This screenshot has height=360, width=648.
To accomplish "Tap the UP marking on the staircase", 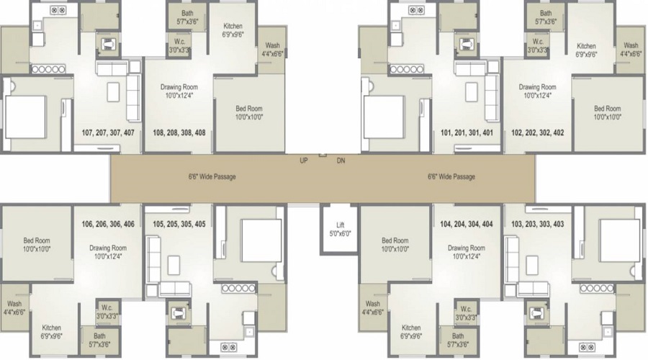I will coord(304,161).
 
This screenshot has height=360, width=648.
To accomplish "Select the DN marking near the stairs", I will coord(341,161).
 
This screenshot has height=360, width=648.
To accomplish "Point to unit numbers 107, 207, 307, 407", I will coord(108,132).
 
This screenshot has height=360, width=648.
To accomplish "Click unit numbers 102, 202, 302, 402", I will coord(538,132).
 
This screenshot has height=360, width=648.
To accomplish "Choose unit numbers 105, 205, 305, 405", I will coord(179,224).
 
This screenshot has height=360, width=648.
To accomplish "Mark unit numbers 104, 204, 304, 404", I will coord(467,224).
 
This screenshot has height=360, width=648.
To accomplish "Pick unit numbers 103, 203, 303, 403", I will coord(537,224).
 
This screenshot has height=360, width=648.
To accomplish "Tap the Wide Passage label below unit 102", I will coord(451,176).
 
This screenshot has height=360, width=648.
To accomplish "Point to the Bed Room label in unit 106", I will coord(36,245).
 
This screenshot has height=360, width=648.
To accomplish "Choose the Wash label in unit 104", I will coord(373,307).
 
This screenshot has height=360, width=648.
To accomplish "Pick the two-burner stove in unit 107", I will coord(58,12).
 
